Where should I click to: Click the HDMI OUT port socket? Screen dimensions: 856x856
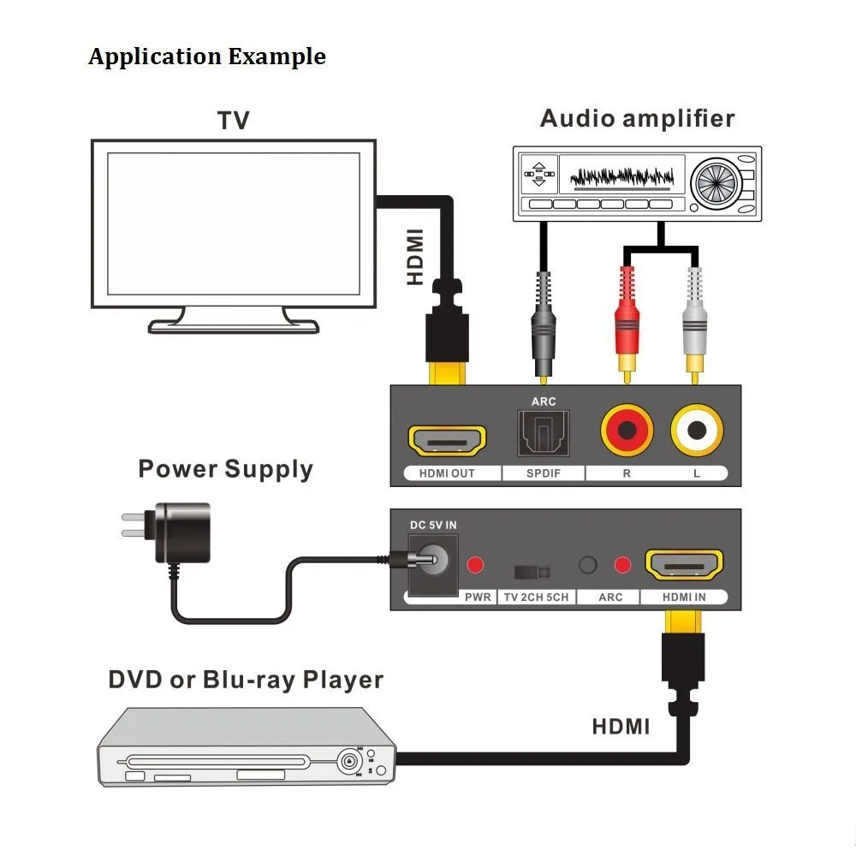pos(447,441)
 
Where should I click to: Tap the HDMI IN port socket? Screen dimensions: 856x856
pos(684,564)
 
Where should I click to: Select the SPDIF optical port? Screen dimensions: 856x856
pos(544,433)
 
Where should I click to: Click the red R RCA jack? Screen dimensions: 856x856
pos(627,431)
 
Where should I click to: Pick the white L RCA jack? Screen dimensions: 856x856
pos(697,431)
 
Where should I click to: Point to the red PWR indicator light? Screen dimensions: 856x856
pos(475,564)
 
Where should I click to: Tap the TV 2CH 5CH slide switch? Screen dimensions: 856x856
pos(532,572)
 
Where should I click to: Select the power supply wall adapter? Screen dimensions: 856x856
pos(166,532)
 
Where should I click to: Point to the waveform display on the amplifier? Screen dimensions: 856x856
pos(621,176)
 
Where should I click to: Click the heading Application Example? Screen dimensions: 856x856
pos(207,56)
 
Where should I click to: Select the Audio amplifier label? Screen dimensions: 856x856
pos(637,118)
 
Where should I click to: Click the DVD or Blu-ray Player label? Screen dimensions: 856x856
pos(246,681)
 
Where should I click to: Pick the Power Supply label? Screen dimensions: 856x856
pos(225,469)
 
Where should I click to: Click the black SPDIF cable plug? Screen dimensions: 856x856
pos(544,328)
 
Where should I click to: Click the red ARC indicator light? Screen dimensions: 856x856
pos(623,564)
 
